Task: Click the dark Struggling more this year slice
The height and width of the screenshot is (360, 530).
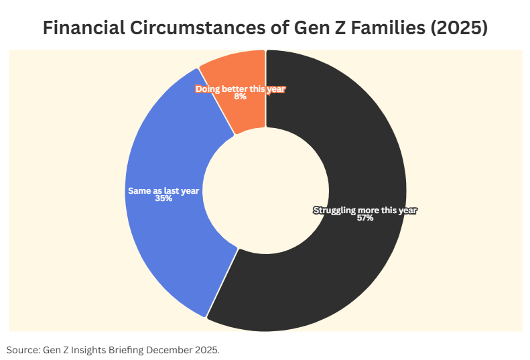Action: click(x=348, y=268)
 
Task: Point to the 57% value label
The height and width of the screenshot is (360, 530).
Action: click(x=365, y=219)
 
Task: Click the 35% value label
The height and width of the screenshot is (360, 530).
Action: click(x=163, y=199)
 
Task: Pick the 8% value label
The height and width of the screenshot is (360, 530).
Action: click(x=240, y=97)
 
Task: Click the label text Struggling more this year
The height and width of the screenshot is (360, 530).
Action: click(x=365, y=210)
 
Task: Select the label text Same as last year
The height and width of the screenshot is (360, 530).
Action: click(x=163, y=191)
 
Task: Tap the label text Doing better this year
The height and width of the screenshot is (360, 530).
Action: click(x=240, y=88)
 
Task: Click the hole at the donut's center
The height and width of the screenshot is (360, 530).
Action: click(x=265, y=190)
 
